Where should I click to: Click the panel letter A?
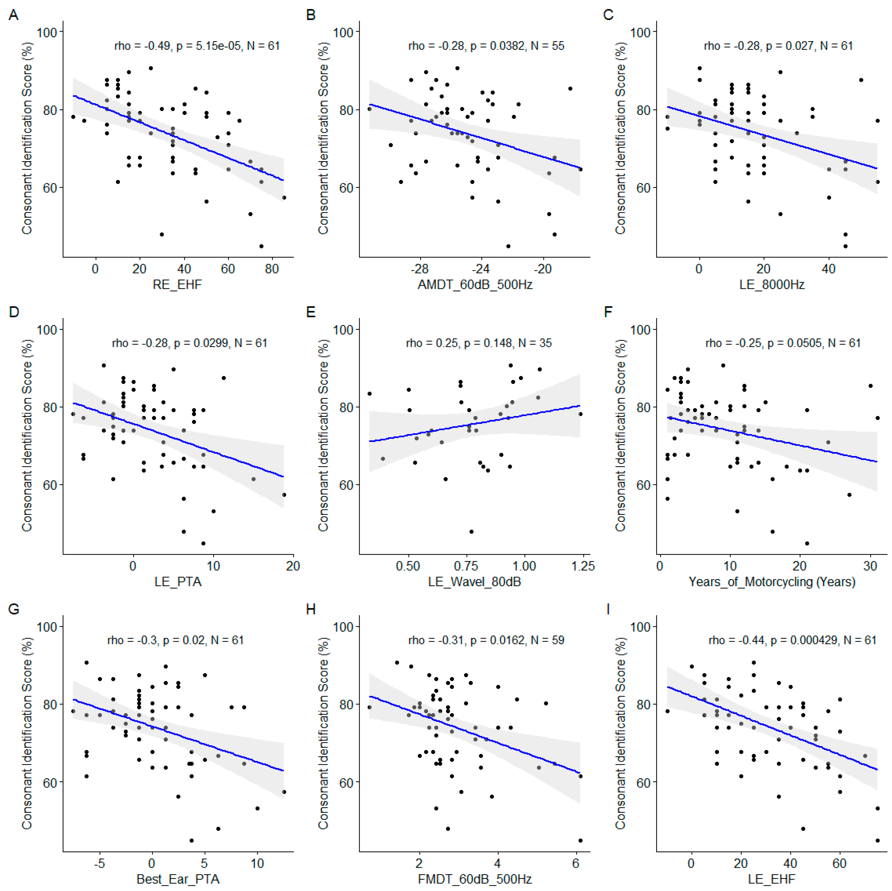pyautogui.click(x=14, y=15)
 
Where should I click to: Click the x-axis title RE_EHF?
pyautogui.click(x=177, y=285)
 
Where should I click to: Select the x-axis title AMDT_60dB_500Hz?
pyautogui.click(x=475, y=285)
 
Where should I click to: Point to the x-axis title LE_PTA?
pyautogui.click(x=178, y=582)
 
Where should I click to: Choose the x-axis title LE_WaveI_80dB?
pyautogui.click(x=474, y=582)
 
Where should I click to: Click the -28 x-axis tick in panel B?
pyautogui.click(x=419, y=269)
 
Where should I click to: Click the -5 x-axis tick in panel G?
pyautogui.click(x=100, y=863)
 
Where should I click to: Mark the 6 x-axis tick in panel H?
pyautogui.click(x=576, y=863)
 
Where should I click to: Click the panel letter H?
pyautogui.click(x=311, y=609)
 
